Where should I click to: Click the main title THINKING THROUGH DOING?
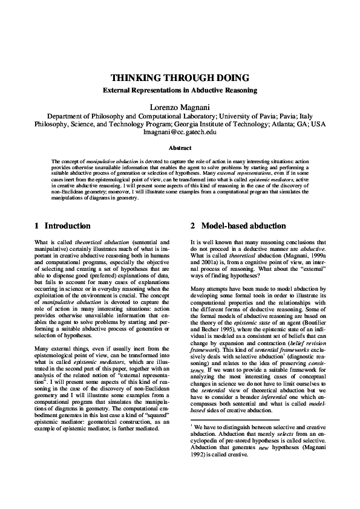pyautogui.click(x=180, y=79)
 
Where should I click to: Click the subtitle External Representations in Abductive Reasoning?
pyautogui.click(x=180, y=91)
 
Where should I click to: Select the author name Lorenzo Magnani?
pyautogui.click(x=180, y=106)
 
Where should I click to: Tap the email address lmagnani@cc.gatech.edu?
pyautogui.click(x=180, y=131)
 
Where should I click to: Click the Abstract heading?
pyautogui.click(x=180, y=148)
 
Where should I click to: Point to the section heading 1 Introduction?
pyautogui.click(x=62, y=226)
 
